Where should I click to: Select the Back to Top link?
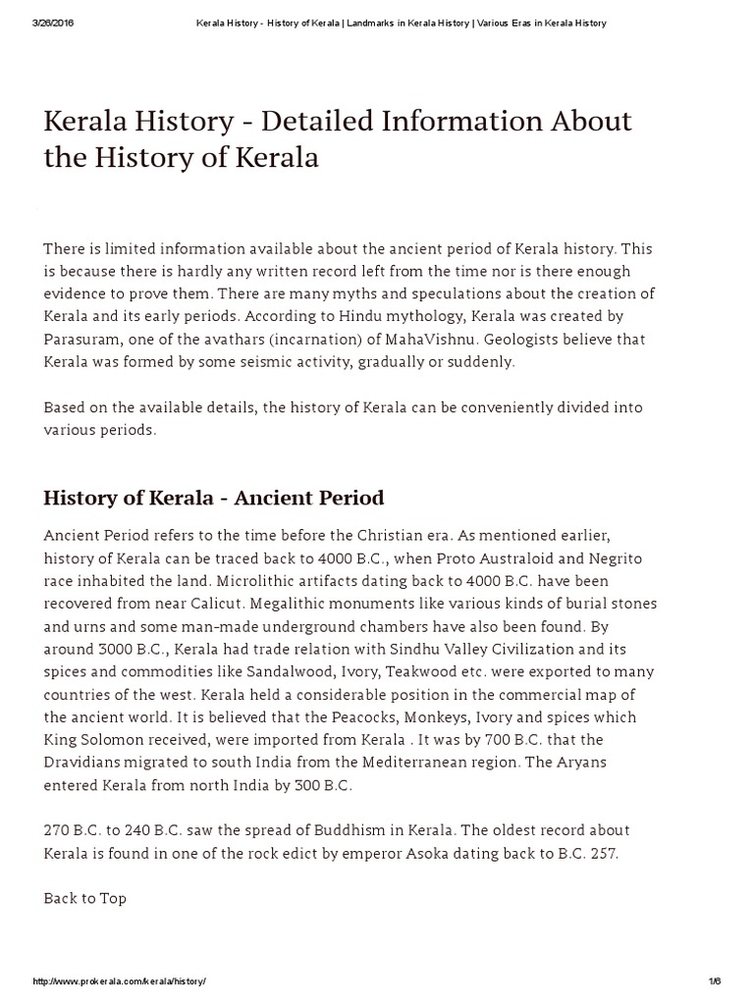85,898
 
